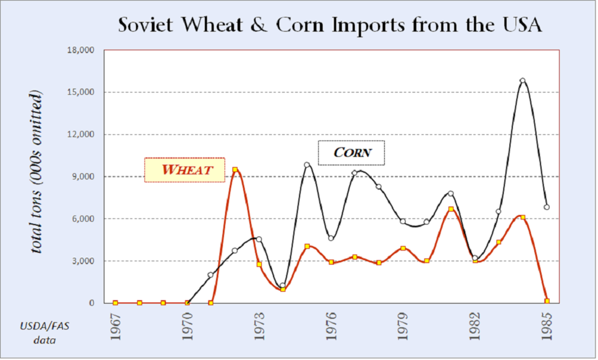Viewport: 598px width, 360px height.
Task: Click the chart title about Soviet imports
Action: click(329, 25)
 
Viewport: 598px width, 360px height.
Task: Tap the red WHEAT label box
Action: click(184, 170)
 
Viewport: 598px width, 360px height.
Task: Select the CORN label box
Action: click(352, 153)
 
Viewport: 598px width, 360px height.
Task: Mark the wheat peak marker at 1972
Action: click(235, 170)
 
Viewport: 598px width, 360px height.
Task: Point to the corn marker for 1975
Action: click(307, 165)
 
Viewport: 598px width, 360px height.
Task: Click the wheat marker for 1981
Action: click(451, 209)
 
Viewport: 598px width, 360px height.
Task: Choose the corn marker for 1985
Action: click(547, 207)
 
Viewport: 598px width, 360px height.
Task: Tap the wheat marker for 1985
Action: click(547, 301)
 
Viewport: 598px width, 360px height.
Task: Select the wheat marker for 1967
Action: click(116, 303)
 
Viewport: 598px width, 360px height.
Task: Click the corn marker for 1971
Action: click(211, 275)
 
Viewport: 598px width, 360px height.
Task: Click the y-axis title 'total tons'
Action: click(37, 172)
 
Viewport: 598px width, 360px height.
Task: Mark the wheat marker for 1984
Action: click(523, 217)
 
